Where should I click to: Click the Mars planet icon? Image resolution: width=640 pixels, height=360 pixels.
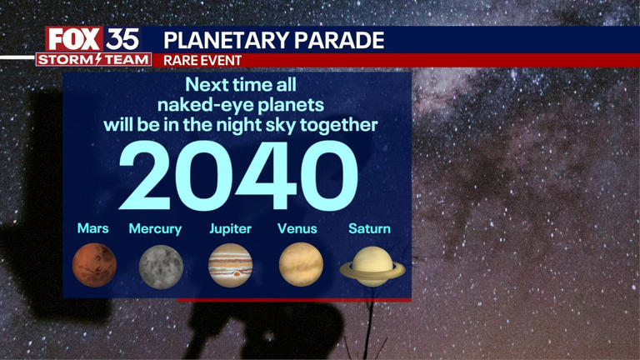94,264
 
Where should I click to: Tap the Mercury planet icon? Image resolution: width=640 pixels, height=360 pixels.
161,265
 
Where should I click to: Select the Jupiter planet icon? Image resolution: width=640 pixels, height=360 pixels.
230,265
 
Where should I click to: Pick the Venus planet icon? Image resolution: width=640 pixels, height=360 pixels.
300,264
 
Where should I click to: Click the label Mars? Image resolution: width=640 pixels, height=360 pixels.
93,228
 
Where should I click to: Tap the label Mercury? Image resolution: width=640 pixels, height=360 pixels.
155,228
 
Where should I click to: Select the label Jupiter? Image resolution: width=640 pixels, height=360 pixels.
229,228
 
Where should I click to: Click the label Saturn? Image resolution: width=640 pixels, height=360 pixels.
369,228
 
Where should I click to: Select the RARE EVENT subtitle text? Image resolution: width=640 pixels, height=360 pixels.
202,60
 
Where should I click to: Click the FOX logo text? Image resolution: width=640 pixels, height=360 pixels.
74,39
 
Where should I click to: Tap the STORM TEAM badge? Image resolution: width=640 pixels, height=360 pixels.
93,59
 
